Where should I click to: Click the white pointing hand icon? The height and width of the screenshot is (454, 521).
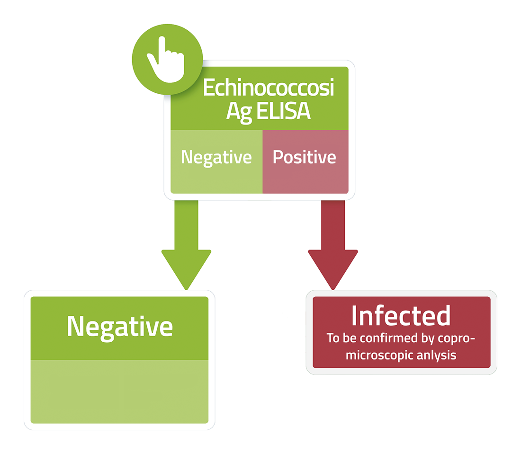167,62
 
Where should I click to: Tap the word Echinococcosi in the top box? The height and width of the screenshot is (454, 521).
269,88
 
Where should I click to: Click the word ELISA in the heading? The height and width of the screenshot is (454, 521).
283,111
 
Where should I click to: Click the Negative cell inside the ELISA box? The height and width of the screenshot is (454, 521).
216,161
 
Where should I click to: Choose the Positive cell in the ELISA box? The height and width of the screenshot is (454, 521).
305,161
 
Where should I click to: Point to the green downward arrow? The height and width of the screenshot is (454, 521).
187,245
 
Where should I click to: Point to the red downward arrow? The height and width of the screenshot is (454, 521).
333,245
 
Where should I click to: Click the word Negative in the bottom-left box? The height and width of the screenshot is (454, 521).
120,327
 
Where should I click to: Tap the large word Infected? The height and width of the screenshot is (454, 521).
401,315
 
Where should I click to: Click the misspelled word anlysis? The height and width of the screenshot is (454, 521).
436,356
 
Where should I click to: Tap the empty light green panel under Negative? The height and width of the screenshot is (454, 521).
120,392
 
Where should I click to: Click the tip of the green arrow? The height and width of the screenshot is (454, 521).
187,290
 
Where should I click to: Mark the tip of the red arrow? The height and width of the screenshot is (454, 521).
333,290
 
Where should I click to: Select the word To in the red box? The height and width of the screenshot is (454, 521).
333,338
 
